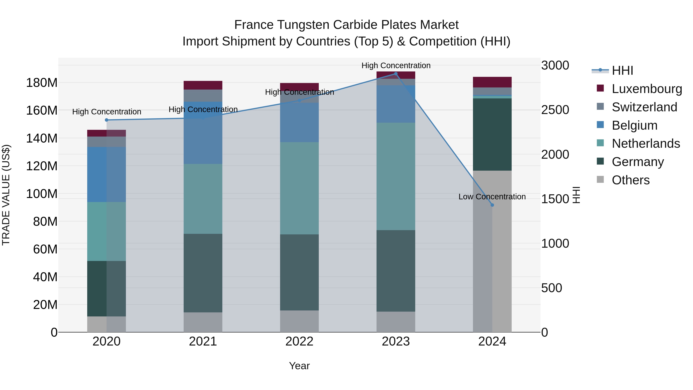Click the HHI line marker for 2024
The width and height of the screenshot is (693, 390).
pyautogui.click(x=492, y=205)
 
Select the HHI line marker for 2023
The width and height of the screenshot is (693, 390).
pyautogui.click(x=396, y=74)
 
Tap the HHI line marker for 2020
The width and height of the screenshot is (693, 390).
pyautogui.click(x=106, y=120)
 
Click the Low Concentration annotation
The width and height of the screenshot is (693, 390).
pyautogui.click(x=492, y=197)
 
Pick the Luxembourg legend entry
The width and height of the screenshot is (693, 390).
pyautogui.click(x=647, y=89)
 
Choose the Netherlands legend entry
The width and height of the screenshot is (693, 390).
pyautogui.click(x=646, y=143)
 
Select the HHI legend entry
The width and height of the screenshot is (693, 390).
pyautogui.click(x=622, y=70)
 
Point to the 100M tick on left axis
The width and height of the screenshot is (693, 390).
pyautogui.click(x=42, y=194)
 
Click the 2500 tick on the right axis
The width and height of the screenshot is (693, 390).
pyautogui.click(x=555, y=110)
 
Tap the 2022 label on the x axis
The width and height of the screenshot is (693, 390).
pyautogui.click(x=299, y=341)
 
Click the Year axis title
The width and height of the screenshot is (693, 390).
pyautogui.click(x=299, y=366)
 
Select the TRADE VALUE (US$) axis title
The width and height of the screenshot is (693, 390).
pyautogui.click(x=6, y=195)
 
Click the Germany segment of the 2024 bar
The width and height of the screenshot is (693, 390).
pyautogui.click(x=492, y=135)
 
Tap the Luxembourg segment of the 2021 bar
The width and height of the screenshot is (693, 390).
pyautogui.click(x=203, y=85)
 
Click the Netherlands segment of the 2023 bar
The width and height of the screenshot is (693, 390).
pyautogui.click(x=396, y=176)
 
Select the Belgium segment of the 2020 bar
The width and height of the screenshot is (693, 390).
pyautogui.click(x=106, y=174)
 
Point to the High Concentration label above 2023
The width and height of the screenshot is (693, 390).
pyautogui.click(x=396, y=65)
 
